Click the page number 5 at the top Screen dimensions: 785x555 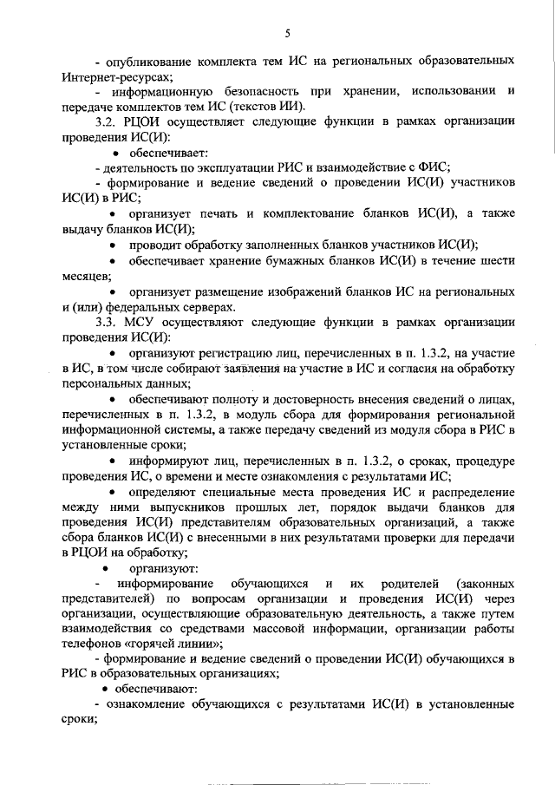click(286, 34)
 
